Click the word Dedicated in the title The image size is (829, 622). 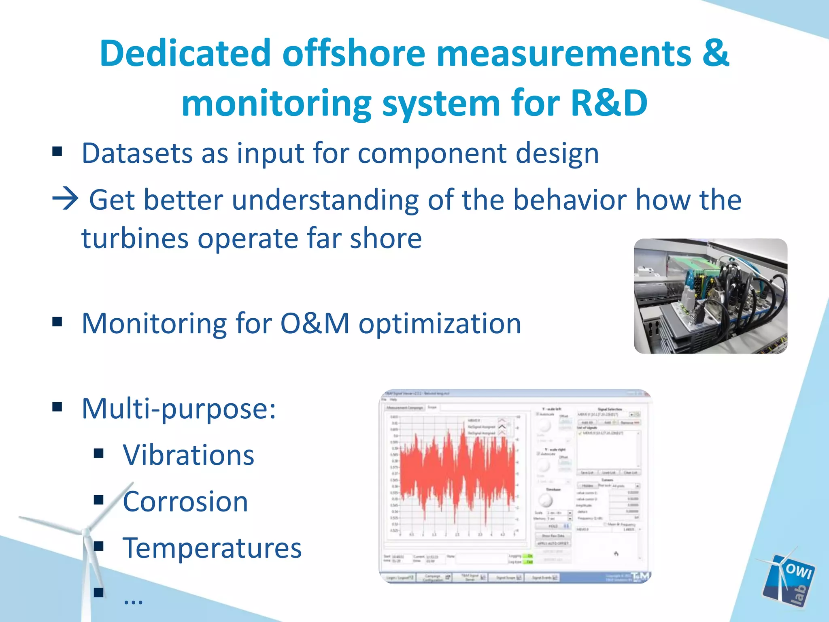185,53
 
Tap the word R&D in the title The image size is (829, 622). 609,104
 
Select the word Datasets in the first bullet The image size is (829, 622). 137,154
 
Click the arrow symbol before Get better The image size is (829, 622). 65,199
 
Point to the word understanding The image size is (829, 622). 325,200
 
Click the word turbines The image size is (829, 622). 135,239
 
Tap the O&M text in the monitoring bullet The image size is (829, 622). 315,324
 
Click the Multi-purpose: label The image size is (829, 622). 179,409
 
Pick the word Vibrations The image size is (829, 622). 189,455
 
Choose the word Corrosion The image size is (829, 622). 185,502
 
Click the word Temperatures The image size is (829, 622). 212,548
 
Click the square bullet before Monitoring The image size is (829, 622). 57,322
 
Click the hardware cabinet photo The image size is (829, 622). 710,296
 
